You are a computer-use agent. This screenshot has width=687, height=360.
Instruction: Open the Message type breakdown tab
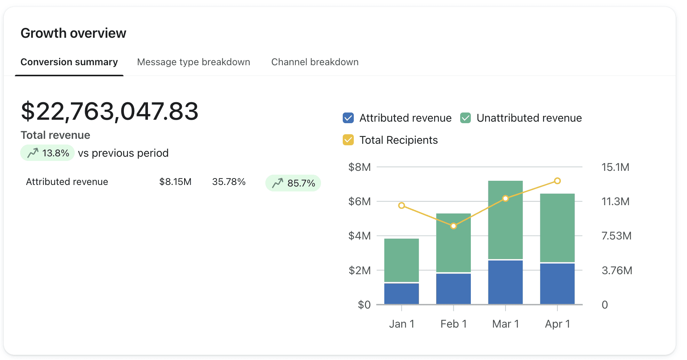pos(193,62)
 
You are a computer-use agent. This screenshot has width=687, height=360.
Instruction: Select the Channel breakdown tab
pos(315,62)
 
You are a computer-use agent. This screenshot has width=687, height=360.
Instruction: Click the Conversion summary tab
pos(69,62)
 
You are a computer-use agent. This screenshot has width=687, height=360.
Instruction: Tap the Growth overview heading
pos(73,33)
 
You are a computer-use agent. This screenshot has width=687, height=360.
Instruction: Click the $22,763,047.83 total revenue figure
pos(109,111)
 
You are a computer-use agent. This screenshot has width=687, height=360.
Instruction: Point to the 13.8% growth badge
pos(48,153)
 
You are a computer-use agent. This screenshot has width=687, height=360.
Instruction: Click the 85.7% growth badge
pos(293,183)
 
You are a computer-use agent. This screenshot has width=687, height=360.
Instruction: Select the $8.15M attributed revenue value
pos(175,182)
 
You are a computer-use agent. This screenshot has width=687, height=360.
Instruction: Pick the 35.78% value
pos(229,182)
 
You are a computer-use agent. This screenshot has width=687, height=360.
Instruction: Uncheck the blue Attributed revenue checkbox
pos(348,118)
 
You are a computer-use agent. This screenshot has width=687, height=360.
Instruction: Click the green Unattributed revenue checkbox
pos(465,118)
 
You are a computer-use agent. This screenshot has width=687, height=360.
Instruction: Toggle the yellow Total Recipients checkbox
pos(348,140)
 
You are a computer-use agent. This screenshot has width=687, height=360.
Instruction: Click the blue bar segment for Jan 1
pos(401,293)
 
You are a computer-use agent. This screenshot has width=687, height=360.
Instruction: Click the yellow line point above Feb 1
pos(453,226)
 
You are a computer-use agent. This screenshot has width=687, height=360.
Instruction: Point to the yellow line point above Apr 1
pos(557,181)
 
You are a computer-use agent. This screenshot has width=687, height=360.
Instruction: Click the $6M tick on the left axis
pos(359,201)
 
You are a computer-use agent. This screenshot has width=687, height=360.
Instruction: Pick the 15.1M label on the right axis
pos(615,167)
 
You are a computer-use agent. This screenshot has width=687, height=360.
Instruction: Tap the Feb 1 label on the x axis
pos(453,324)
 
